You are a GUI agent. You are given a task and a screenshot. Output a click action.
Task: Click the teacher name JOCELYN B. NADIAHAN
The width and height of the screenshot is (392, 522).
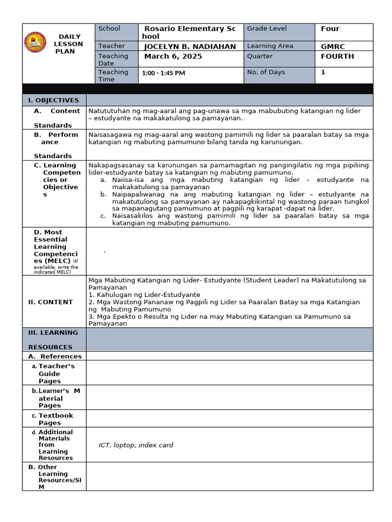[190, 46]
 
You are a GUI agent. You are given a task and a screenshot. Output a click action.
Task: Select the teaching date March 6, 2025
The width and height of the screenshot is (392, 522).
[173, 57]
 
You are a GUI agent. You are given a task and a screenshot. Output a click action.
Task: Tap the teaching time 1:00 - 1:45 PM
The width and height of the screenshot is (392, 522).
[163, 73]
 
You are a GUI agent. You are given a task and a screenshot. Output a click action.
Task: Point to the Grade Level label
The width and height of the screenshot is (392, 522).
[266, 29]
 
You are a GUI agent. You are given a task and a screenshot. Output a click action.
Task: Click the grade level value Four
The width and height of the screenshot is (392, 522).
[330, 29]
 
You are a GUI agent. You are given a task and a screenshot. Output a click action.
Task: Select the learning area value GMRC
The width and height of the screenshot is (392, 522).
[333, 46]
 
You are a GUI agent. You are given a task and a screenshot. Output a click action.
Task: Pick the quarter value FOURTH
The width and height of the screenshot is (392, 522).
[337, 57]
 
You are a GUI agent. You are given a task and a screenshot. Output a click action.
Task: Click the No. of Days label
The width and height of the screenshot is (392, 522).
[266, 72]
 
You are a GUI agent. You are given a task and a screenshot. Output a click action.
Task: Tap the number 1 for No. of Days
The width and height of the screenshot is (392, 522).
[323, 72]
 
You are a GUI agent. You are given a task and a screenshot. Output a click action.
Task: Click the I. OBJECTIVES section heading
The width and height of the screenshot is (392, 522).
[54, 100]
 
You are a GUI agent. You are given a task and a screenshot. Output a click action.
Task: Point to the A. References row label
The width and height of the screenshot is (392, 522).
[55, 356]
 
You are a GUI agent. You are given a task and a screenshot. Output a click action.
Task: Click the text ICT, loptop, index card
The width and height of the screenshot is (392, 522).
[136, 445]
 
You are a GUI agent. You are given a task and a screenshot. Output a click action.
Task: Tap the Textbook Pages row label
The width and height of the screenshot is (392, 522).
[56, 419]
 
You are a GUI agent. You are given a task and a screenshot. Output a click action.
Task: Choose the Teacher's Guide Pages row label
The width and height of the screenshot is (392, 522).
[56, 374]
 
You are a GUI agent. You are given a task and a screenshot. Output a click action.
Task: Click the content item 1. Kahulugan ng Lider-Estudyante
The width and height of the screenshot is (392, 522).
[144, 295]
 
